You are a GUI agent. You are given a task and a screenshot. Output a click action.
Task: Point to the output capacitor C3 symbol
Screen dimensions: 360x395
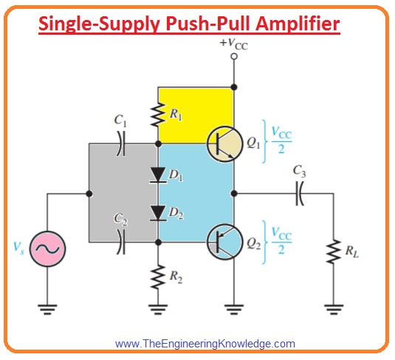point(299,194)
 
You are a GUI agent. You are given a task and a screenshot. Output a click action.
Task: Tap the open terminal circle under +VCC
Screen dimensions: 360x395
point(233,56)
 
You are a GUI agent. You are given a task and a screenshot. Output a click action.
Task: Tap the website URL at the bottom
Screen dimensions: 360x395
point(205,344)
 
